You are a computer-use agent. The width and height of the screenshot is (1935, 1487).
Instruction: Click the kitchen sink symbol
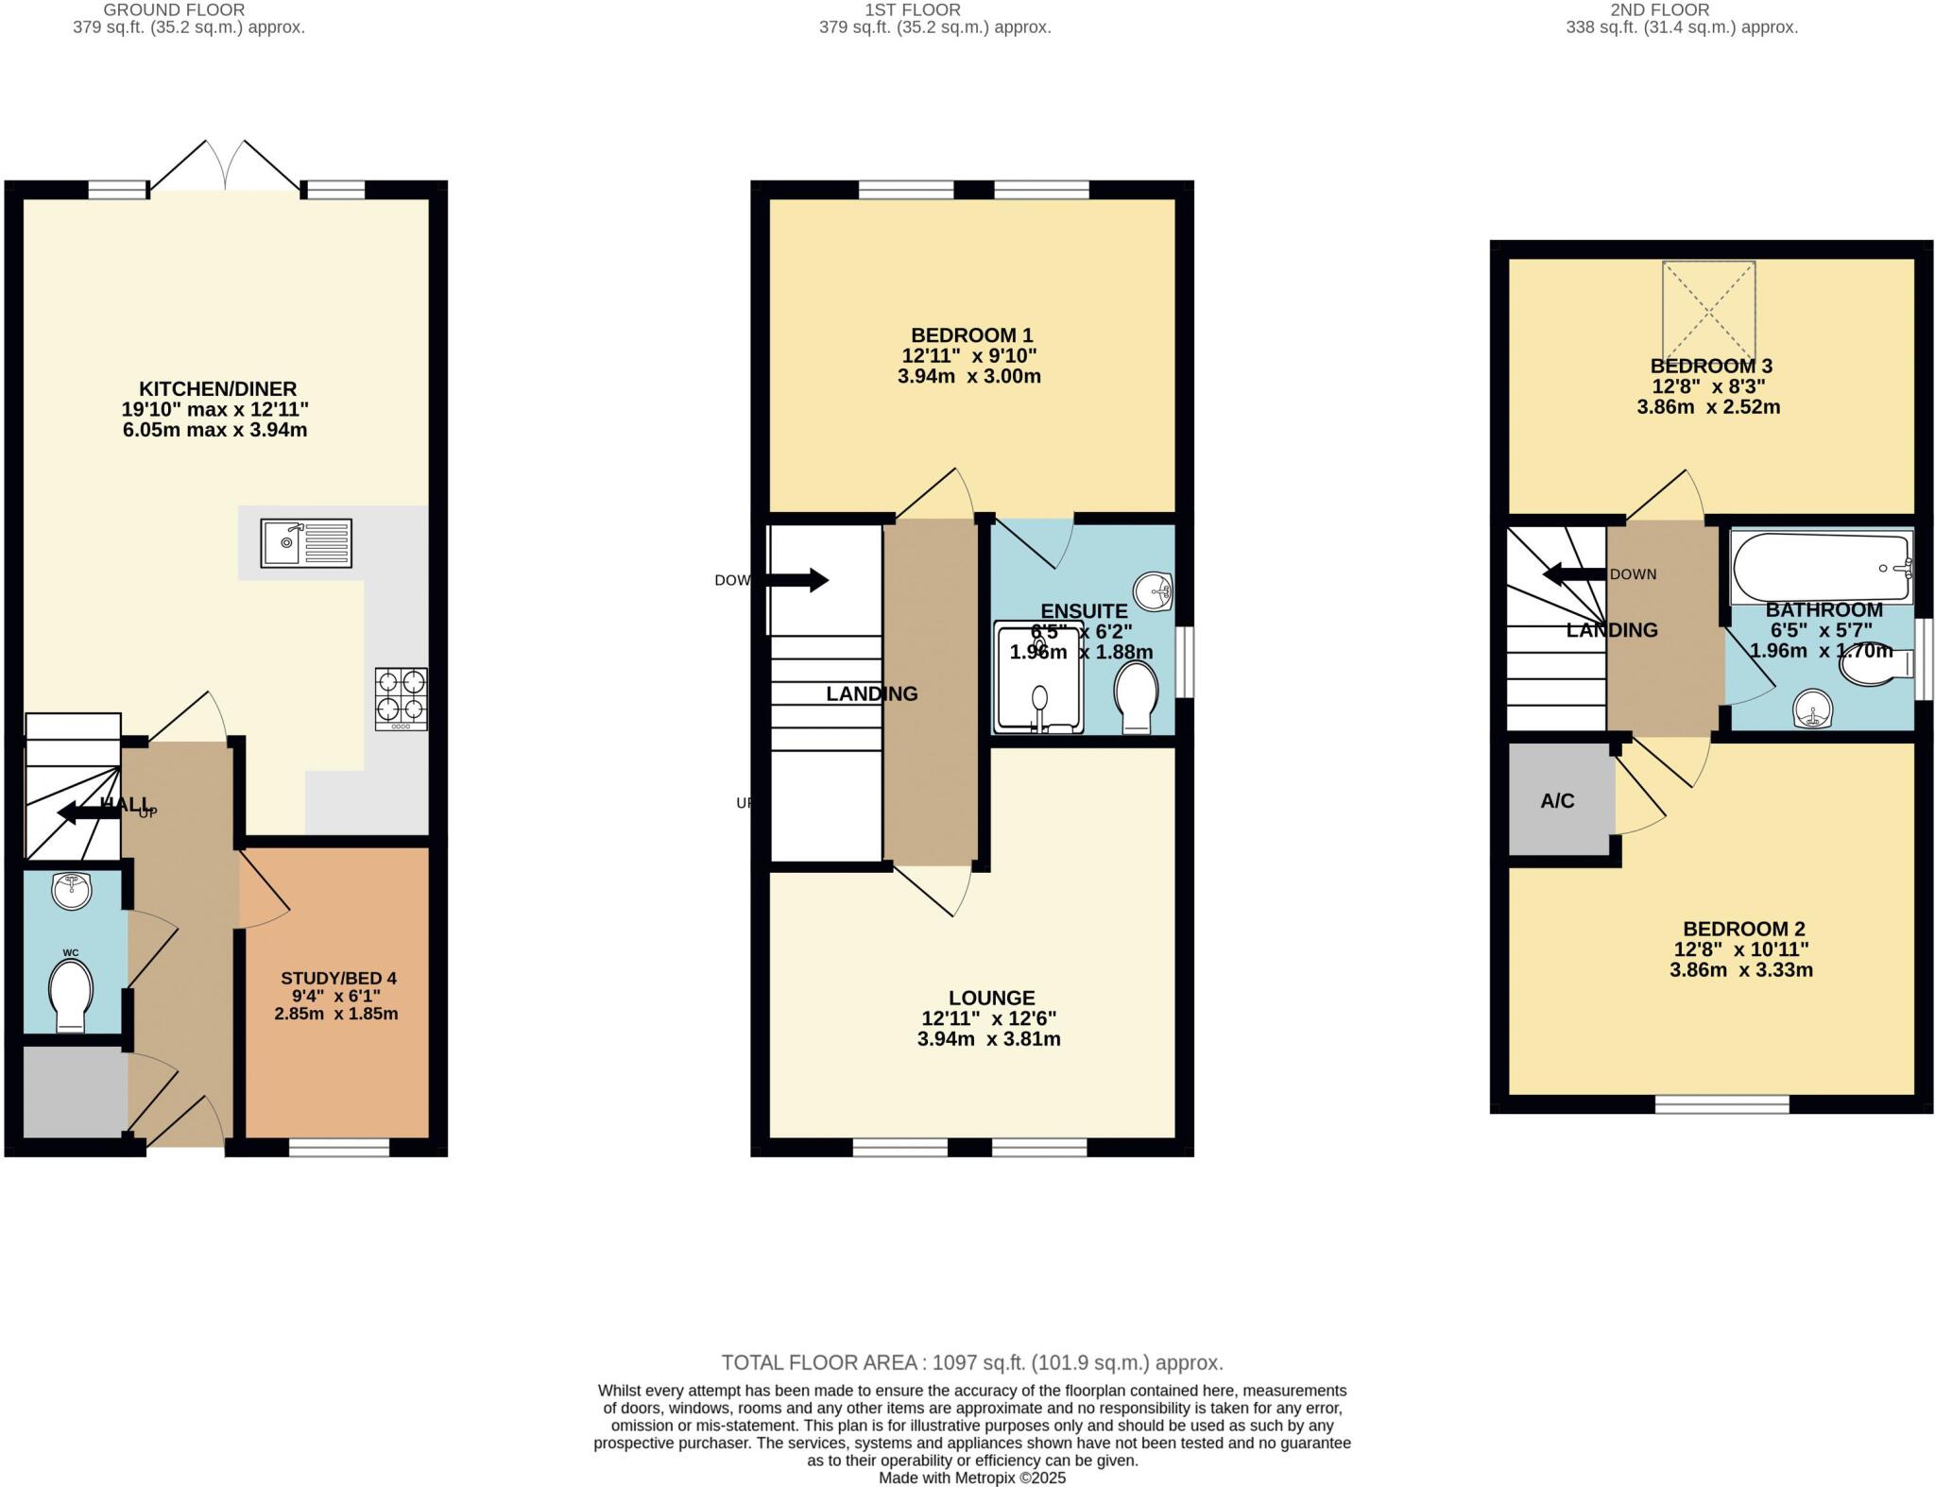[x=306, y=543]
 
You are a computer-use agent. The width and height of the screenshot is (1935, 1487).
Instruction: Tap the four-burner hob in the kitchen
[x=401, y=699]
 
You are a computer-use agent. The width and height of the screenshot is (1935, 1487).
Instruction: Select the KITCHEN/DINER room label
[x=217, y=388]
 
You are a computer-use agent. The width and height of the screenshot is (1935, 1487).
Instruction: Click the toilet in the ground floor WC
[x=72, y=994]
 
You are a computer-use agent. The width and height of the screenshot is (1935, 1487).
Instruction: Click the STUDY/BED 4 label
[x=338, y=978]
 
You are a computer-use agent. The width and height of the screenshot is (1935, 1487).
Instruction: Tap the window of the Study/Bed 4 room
[x=338, y=1148]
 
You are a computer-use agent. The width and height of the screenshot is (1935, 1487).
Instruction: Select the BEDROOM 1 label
[x=970, y=335]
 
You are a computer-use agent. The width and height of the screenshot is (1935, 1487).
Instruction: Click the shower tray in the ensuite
[x=1037, y=677]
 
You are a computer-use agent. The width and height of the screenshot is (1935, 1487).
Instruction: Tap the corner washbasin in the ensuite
[x=1153, y=592]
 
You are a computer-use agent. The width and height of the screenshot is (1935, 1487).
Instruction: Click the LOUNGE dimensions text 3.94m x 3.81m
[x=988, y=1039]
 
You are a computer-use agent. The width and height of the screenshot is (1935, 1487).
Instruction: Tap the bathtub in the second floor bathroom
[x=1819, y=567]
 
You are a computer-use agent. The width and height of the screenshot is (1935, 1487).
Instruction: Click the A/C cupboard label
[x=1557, y=801]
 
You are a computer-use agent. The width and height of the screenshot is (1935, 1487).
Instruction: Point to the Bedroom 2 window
[x=1721, y=1104]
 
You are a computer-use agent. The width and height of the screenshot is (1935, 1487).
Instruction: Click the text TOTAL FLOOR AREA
[x=819, y=1362]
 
